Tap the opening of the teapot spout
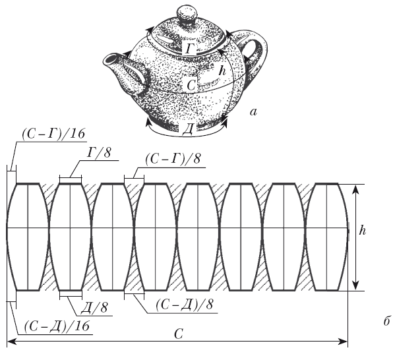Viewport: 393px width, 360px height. (x=111, y=59)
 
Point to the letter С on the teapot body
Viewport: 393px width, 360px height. (x=191, y=85)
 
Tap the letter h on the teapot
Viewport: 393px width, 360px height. (x=222, y=71)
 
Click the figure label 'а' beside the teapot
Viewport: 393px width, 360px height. (x=254, y=112)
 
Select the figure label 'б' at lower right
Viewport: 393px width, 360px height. (x=387, y=321)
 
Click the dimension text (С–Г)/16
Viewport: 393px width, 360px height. (x=53, y=134)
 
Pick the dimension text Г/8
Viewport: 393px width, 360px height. (x=98, y=152)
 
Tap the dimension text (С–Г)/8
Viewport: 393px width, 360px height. (x=173, y=158)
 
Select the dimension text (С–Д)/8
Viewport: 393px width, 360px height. (x=185, y=305)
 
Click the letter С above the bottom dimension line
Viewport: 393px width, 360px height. (x=179, y=334)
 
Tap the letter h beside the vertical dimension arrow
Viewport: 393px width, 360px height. (x=363, y=230)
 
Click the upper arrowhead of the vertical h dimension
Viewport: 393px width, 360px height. (x=355, y=190)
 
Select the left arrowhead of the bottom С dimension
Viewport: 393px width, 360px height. (x=11, y=341)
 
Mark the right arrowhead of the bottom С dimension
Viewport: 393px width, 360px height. (x=343, y=341)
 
